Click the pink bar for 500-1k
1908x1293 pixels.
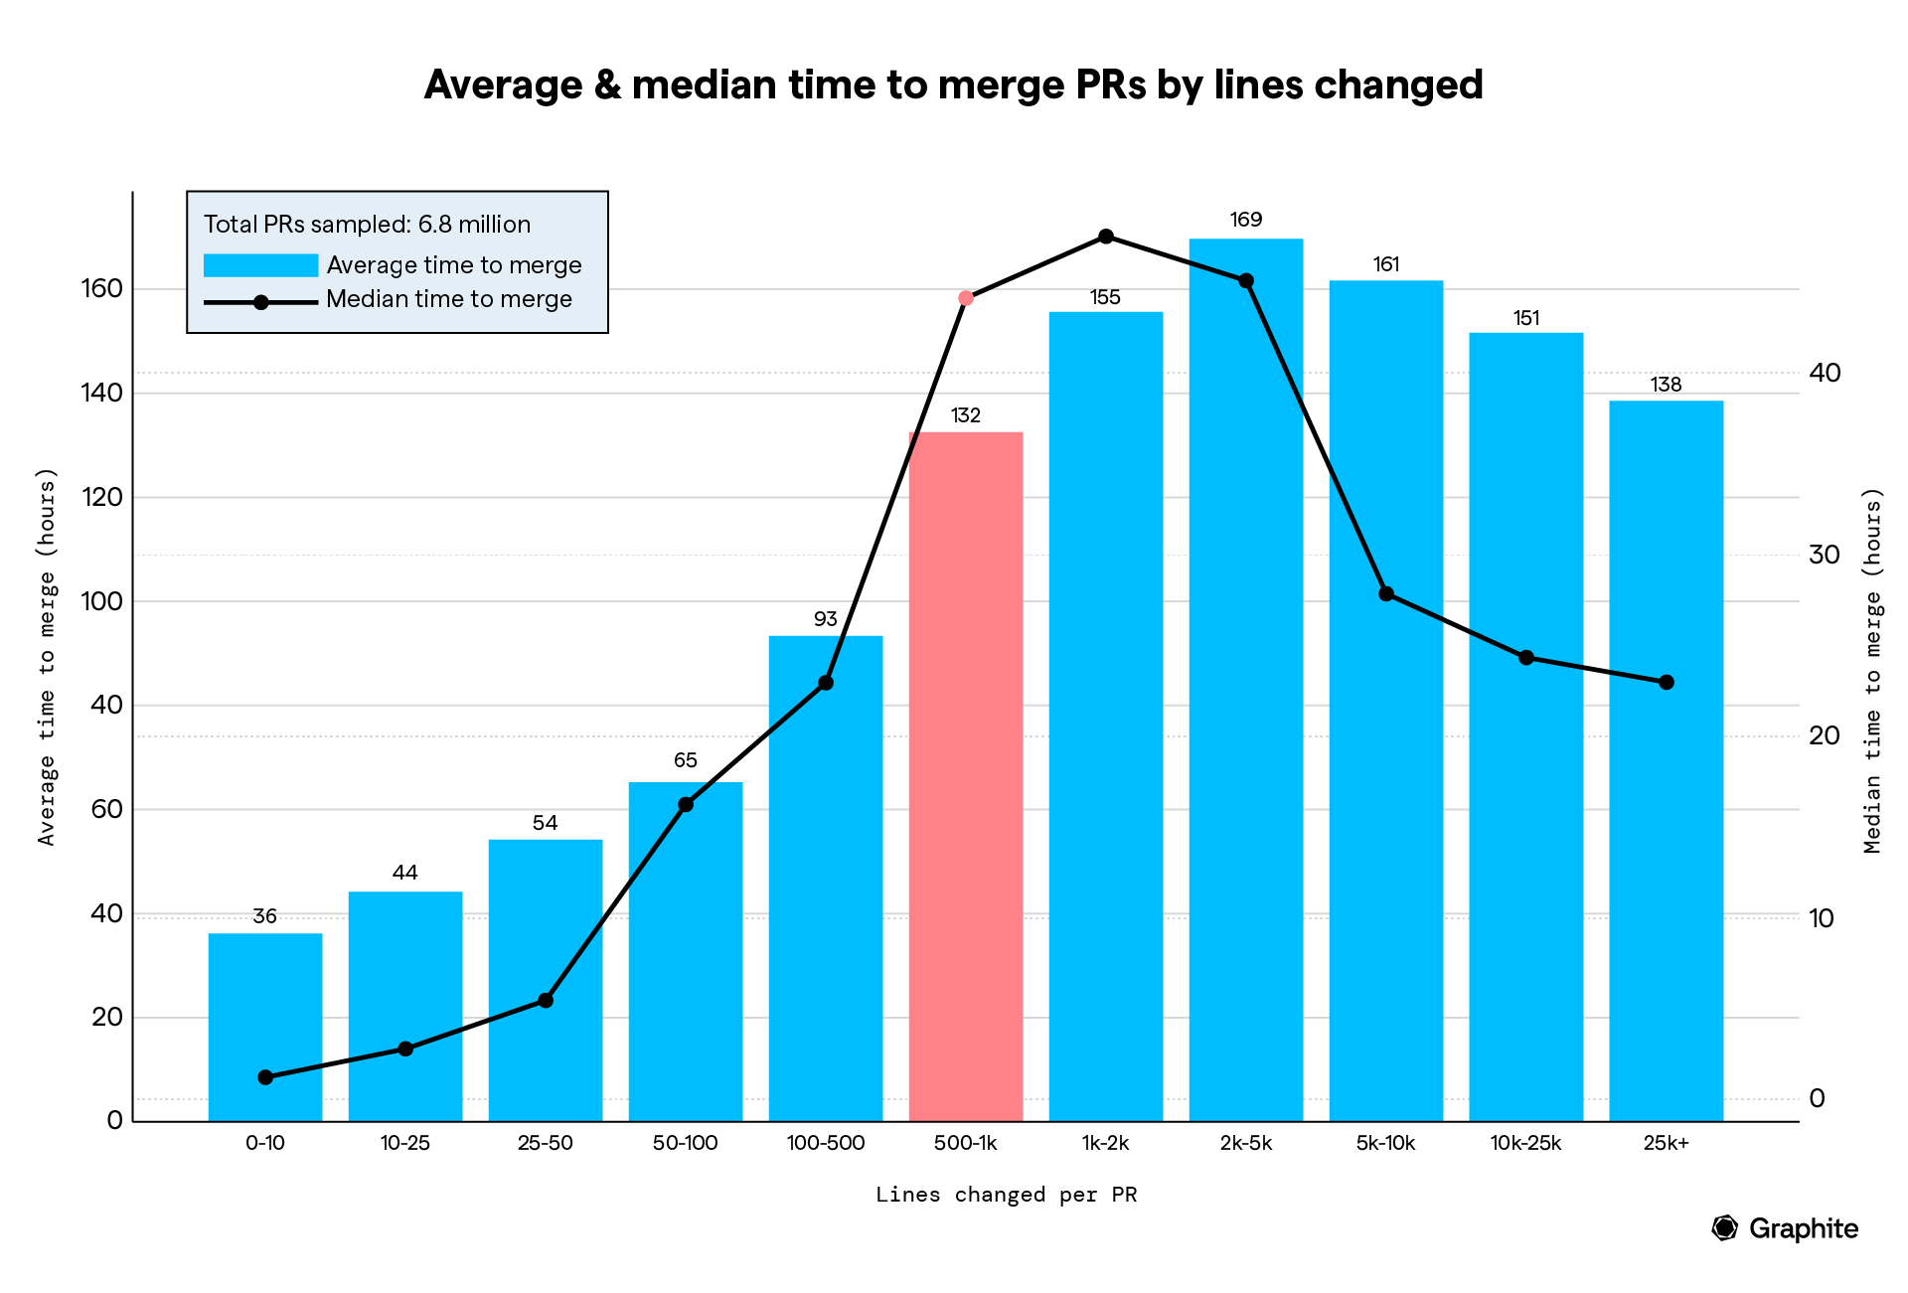click(x=965, y=775)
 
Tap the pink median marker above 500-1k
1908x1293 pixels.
click(x=965, y=298)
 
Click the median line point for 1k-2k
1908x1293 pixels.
click(x=1105, y=237)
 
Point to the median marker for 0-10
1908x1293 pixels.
click(x=265, y=1077)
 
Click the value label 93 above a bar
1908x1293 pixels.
click(x=825, y=619)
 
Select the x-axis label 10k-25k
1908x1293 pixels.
click(x=1525, y=1143)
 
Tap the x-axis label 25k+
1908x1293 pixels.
click(x=1666, y=1143)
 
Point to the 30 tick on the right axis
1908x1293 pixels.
click(x=1825, y=555)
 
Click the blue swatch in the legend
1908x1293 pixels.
click(x=260, y=265)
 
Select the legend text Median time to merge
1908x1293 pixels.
click(x=449, y=299)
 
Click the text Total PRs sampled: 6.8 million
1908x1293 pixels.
click(x=367, y=225)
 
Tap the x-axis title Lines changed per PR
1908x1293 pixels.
click(x=1006, y=1195)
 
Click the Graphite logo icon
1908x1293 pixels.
click(x=1725, y=1228)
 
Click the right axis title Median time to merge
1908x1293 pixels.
click(x=1872, y=670)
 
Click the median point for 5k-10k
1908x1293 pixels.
click(x=1386, y=594)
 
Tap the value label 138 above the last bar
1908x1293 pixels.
click(x=1666, y=385)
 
